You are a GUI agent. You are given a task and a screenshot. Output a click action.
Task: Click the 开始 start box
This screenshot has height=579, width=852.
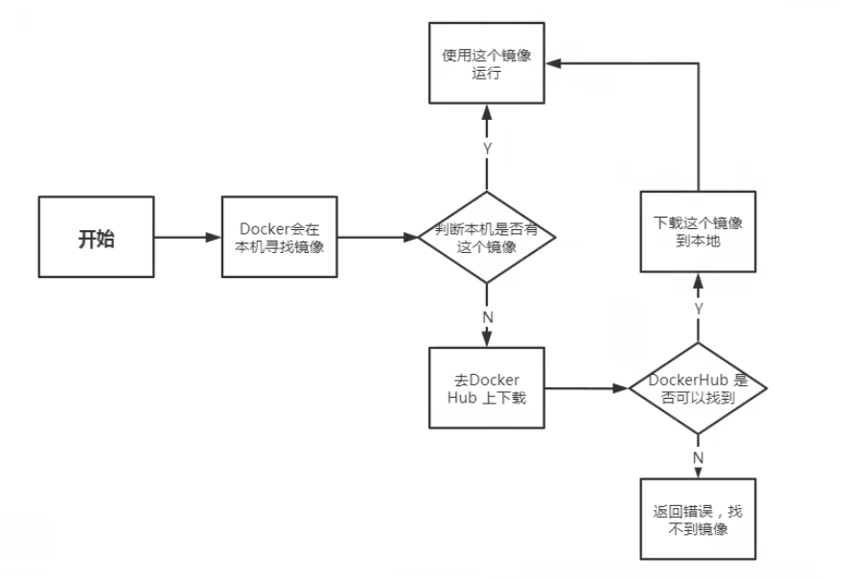[x=96, y=237]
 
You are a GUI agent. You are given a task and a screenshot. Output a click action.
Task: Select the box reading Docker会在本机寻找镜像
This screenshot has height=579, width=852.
[x=279, y=237]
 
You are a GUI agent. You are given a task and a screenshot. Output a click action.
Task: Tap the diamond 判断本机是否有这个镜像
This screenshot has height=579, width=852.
[x=487, y=237]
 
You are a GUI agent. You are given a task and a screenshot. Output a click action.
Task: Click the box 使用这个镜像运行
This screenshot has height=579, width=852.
[x=487, y=63]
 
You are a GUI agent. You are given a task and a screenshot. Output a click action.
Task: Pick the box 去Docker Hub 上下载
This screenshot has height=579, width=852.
[x=487, y=388]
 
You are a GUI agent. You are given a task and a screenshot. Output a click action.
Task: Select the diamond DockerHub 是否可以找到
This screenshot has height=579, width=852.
[x=699, y=388]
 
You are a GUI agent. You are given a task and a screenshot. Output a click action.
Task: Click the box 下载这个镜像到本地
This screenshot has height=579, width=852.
[x=699, y=232]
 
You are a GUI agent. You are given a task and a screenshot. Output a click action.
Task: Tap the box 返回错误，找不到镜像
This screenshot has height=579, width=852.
[x=699, y=520]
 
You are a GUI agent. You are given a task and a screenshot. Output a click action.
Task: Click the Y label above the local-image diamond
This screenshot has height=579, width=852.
[x=488, y=149]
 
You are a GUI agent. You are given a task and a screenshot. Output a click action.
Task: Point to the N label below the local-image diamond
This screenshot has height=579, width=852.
[x=488, y=317]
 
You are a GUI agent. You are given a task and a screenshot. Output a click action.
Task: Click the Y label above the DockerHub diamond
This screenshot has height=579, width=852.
[x=699, y=309]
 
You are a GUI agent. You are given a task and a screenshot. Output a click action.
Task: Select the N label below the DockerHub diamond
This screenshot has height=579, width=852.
[x=699, y=458]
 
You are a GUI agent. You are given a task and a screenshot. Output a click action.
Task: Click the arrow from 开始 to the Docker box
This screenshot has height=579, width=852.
[x=188, y=237]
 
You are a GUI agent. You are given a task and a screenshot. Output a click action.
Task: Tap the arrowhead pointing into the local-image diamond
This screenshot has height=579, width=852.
[x=411, y=237]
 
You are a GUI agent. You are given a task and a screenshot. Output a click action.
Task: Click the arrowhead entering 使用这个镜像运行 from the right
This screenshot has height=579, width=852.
[x=553, y=63]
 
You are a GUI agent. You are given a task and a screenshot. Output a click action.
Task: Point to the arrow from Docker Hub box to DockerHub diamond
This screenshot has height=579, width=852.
[x=587, y=388]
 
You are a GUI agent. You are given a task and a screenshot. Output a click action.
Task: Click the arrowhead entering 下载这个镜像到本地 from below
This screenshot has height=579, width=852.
[x=699, y=281]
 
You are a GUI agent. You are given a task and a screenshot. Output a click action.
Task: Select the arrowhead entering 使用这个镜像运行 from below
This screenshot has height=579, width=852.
[x=487, y=112]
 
